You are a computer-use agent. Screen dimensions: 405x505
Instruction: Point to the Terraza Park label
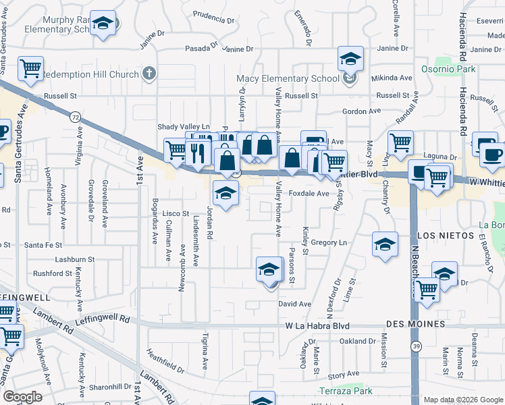point(346,391)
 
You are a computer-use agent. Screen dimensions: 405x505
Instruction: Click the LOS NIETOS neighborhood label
point(446,236)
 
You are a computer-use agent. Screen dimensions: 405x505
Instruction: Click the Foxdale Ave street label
point(309,193)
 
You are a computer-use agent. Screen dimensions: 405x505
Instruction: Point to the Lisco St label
point(176,213)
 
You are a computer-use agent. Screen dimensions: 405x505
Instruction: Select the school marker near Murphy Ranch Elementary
point(103,24)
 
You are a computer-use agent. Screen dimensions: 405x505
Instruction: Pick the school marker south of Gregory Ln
point(269,270)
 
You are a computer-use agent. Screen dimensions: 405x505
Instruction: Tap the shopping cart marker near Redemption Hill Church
point(30,67)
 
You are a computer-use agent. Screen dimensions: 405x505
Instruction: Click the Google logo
point(22,397)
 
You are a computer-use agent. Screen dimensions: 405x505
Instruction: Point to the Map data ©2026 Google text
point(462,400)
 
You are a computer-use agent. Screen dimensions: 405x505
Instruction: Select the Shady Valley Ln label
point(184,127)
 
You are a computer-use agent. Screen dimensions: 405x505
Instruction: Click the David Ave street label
point(295,304)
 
